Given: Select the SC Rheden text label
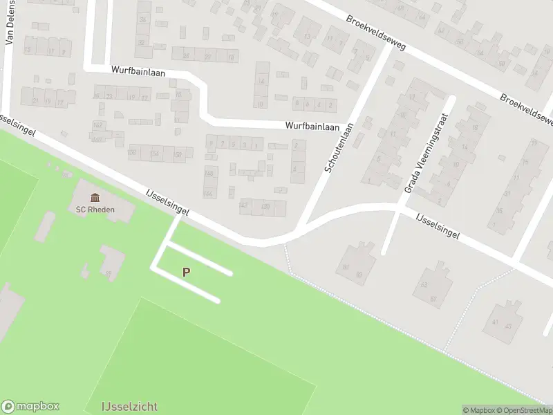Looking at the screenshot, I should (x=95, y=210).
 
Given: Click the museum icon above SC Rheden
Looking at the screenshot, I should (x=95, y=199).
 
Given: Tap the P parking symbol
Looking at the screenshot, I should (x=186, y=273).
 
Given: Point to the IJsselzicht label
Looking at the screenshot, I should (x=129, y=407).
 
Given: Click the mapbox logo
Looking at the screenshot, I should (x=30, y=407).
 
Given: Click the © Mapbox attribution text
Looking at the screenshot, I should (x=479, y=410).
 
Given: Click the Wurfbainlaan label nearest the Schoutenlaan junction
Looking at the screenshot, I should (x=313, y=127).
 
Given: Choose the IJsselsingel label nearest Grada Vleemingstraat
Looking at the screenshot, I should (x=438, y=225).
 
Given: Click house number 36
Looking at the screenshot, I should (x=143, y=20).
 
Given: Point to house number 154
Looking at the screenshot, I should (x=155, y=153).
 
